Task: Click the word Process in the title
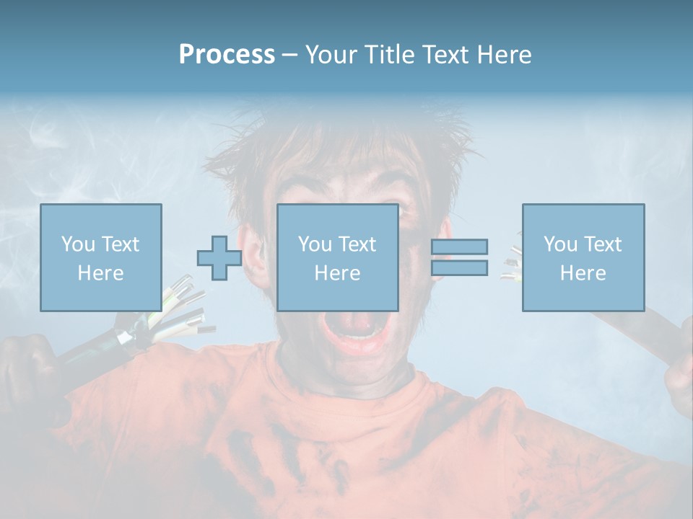click(227, 55)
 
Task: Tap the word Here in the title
click(504, 55)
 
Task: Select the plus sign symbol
click(219, 258)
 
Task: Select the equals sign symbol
click(460, 257)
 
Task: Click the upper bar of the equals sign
click(460, 247)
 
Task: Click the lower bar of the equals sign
click(460, 268)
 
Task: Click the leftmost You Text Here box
click(100, 257)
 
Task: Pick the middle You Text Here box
click(337, 257)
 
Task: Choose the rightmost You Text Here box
click(583, 257)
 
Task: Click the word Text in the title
click(443, 55)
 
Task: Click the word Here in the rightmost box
click(583, 273)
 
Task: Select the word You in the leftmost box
click(77, 244)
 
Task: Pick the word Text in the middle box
click(357, 244)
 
